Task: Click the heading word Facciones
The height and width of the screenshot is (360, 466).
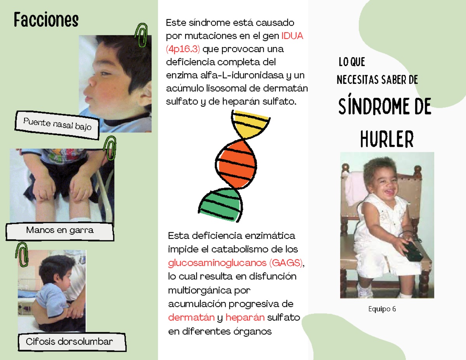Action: tap(46, 19)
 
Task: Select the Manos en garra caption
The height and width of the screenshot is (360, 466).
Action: tap(60, 230)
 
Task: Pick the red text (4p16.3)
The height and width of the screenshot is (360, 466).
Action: tap(183, 49)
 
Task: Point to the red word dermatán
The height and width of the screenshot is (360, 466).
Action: tap(191, 318)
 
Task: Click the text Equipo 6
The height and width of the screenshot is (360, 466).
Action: tap(383, 309)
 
